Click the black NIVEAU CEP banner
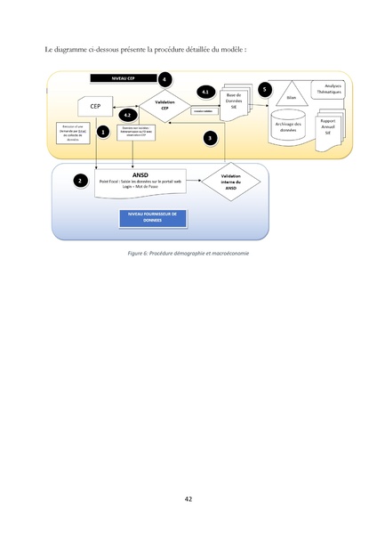(123, 78)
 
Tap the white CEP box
(94, 107)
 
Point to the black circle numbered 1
(103, 132)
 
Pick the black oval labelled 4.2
(129, 116)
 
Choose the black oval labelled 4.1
(205, 93)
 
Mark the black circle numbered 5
(264, 90)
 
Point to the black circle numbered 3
(210, 138)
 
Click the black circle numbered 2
(81, 180)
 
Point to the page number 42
(188, 499)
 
